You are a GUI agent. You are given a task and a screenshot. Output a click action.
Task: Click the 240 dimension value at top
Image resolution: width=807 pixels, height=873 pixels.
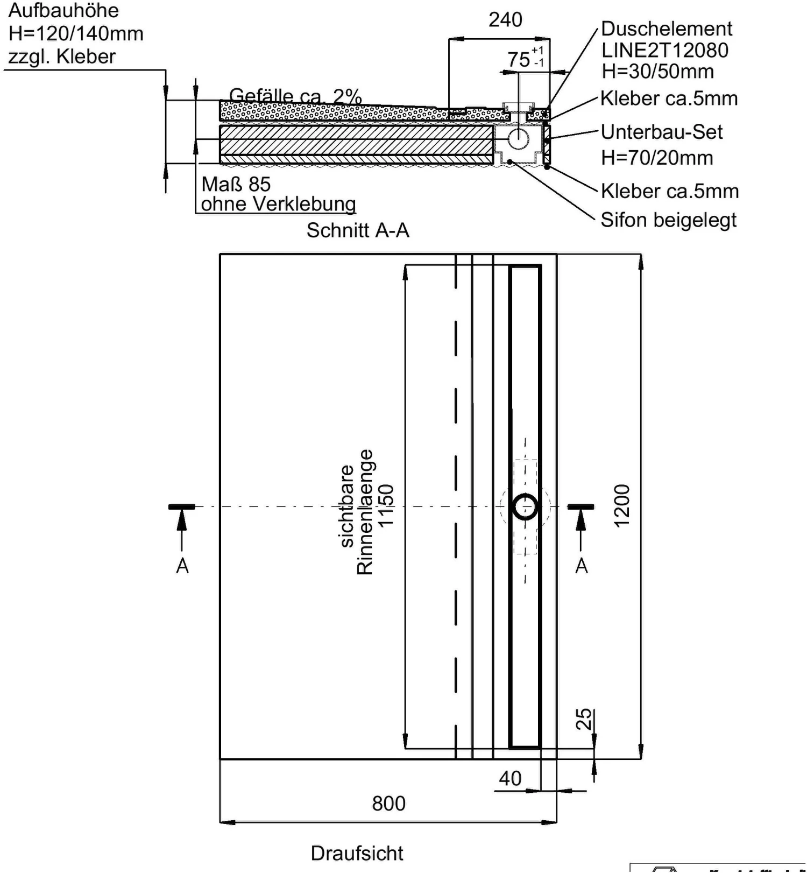coord(505,20)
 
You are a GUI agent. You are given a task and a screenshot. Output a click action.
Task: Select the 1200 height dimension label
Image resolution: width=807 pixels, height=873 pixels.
coord(621,506)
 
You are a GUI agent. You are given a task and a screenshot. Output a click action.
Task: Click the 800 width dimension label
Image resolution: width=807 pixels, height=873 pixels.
coord(388,804)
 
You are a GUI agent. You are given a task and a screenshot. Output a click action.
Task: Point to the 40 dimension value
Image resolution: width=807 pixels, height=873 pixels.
coord(509,778)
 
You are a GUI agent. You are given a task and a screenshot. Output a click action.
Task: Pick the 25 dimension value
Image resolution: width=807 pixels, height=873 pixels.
coord(584,719)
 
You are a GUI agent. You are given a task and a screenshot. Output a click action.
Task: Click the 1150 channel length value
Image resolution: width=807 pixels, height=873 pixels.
coord(386,506)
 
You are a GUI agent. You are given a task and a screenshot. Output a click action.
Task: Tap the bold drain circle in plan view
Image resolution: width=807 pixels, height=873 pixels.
coord(525,506)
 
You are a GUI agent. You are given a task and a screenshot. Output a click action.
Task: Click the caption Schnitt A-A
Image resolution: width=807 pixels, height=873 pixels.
coord(358,230)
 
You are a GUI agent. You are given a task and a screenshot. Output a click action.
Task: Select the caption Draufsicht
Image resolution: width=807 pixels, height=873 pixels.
coord(357,853)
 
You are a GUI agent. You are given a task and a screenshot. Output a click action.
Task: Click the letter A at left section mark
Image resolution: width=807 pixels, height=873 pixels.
coord(182,566)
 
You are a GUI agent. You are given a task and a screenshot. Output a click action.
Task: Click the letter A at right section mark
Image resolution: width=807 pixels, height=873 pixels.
coord(582,566)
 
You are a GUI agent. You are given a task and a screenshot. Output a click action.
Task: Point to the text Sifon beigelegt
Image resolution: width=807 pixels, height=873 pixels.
coord(668,220)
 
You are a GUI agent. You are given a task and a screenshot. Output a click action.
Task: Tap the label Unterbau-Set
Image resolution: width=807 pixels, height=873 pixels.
coord(662,132)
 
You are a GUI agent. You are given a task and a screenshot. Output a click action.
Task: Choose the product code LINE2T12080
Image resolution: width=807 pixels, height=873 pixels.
coord(664,50)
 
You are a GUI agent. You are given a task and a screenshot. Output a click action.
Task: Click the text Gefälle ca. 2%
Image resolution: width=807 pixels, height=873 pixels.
coord(295,96)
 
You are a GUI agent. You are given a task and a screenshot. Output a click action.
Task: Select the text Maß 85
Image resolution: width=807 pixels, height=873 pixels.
coord(236,184)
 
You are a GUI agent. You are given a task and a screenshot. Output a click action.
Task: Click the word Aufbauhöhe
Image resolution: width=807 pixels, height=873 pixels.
coord(63,10)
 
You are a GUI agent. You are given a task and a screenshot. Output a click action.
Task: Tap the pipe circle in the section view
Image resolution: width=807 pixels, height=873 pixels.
coord(518,138)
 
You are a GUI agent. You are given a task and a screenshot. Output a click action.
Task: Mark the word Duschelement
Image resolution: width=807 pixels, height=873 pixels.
coord(666,29)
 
